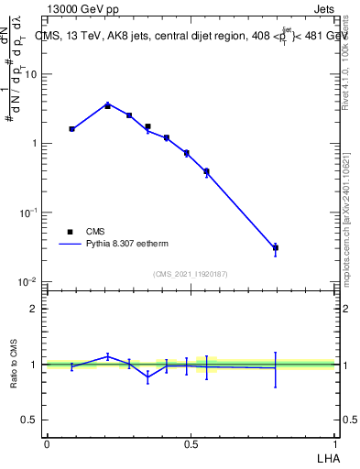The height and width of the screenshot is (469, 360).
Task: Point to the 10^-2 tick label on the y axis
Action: (x=29, y=281)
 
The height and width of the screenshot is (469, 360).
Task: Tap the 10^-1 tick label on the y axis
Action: (x=29, y=213)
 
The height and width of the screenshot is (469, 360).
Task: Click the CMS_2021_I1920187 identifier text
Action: (x=190, y=274)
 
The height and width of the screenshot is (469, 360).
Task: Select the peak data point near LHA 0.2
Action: (x=107, y=105)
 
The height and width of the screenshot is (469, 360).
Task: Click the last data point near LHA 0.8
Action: (x=275, y=247)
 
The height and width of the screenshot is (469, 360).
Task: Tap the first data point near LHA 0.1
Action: (x=72, y=129)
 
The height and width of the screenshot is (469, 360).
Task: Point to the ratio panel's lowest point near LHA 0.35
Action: (x=147, y=376)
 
